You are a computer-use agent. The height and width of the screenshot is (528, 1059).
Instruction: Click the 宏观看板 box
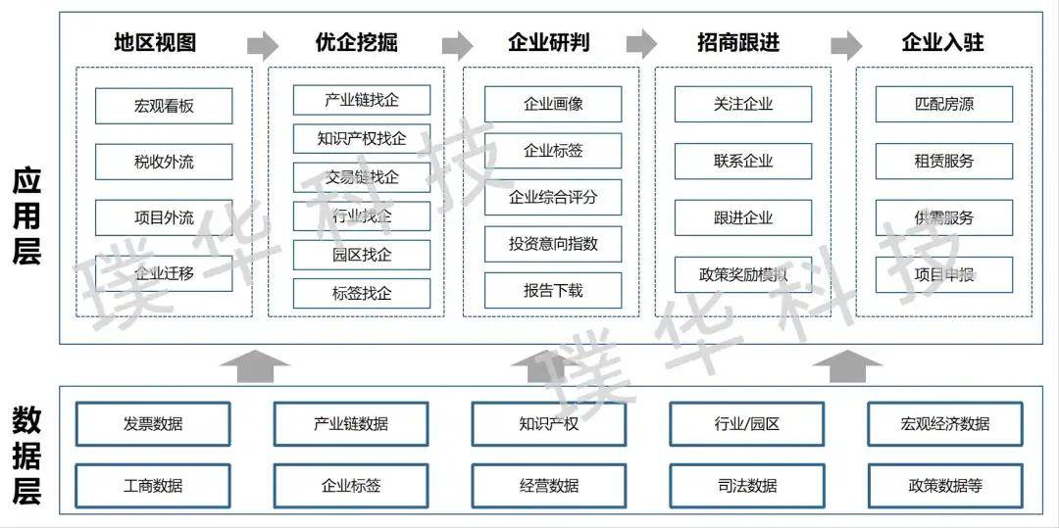click(x=164, y=106)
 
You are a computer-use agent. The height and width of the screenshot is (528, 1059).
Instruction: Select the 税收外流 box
click(x=164, y=162)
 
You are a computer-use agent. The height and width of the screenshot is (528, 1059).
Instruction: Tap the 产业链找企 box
click(x=362, y=100)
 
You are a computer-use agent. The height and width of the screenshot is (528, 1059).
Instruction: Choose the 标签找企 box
click(x=362, y=293)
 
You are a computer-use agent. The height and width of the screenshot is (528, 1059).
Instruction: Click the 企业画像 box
click(x=553, y=104)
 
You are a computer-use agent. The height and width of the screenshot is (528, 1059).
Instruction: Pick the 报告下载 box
click(x=553, y=291)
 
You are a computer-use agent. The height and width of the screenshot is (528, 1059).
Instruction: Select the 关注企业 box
click(x=743, y=104)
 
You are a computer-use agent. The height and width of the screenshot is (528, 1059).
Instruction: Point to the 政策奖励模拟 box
click(x=743, y=274)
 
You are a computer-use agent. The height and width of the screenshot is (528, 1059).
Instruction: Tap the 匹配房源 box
click(x=944, y=104)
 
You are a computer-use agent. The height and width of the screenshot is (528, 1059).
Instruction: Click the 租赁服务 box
click(x=944, y=161)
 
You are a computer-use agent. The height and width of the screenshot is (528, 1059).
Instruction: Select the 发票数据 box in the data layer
click(x=153, y=424)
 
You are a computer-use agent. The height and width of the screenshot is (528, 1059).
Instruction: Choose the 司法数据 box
click(x=747, y=485)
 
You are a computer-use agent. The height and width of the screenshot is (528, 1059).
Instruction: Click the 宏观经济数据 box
click(x=945, y=424)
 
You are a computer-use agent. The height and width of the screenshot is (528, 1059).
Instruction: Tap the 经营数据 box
click(x=549, y=485)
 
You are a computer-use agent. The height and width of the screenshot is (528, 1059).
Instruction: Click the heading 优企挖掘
click(x=357, y=43)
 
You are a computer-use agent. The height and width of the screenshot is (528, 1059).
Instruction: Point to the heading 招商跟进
click(x=738, y=43)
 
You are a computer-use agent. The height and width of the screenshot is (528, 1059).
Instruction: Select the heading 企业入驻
click(x=942, y=43)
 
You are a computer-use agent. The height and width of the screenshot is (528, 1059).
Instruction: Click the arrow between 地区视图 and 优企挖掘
click(x=262, y=44)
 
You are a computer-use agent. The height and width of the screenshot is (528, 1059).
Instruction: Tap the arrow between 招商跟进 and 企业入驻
click(x=845, y=44)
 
